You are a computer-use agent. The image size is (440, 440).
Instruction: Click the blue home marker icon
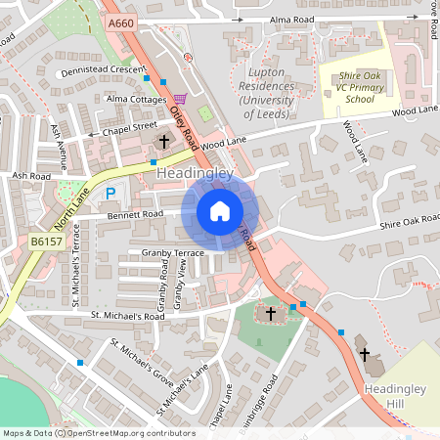[x=220, y=211]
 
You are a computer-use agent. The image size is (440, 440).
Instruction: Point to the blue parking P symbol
[x=110, y=195]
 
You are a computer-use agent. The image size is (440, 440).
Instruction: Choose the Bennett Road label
[x=135, y=213]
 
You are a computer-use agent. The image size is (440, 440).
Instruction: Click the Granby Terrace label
[x=171, y=252]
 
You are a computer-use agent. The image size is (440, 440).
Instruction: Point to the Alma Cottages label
[x=136, y=100]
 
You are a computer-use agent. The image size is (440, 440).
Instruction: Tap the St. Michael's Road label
[x=128, y=316]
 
